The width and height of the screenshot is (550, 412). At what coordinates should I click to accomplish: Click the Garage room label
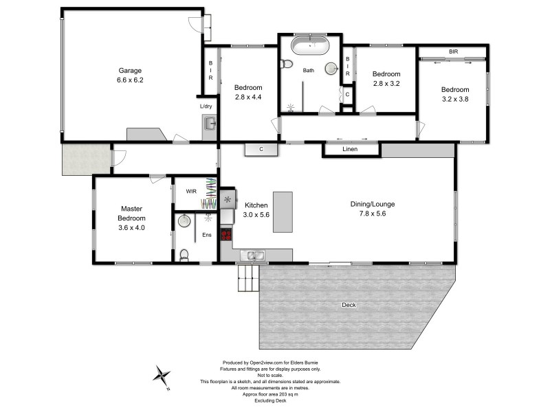click(x=129, y=71)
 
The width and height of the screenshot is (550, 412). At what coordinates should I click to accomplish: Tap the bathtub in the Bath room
click(x=309, y=47)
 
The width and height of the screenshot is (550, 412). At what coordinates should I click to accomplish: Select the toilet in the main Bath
click(x=287, y=65)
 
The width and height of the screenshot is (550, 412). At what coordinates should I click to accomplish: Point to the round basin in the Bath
click(x=331, y=68)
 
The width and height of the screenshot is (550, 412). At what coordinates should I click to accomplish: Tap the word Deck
click(x=349, y=304)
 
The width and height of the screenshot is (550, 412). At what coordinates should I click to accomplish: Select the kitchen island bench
click(x=283, y=213)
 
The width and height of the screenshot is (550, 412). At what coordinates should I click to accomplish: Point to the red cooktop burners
click(x=225, y=235)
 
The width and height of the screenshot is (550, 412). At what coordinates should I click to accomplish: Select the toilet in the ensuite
click(x=184, y=255)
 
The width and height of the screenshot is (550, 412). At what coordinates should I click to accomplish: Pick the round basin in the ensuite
click(x=183, y=221)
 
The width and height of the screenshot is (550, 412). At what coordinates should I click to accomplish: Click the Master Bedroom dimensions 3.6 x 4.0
click(x=131, y=227)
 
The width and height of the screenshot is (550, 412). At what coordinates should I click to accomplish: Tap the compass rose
click(x=162, y=376)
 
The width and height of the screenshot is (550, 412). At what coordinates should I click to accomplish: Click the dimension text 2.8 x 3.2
click(x=386, y=84)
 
